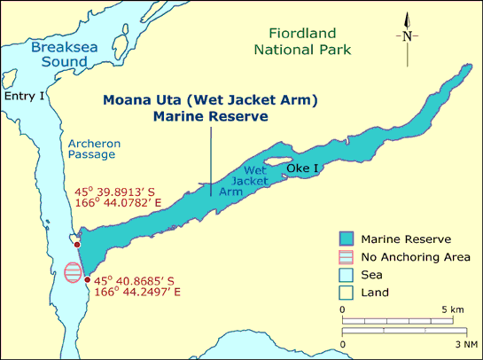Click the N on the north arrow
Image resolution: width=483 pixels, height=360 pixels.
(x=407, y=36)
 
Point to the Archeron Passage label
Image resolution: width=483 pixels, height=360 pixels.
(x=91, y=147)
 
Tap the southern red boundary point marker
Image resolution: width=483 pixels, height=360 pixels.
(x=86, y=279)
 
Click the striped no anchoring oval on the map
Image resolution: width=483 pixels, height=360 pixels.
(x=74, y=271)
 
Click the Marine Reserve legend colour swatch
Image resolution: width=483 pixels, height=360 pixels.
(x=348, y=239)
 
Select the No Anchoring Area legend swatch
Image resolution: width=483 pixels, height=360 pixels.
(x=348, y=256)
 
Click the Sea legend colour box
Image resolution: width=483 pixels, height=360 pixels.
(x=348, y=274)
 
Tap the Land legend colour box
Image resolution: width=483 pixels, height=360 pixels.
(x=348, y=292)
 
